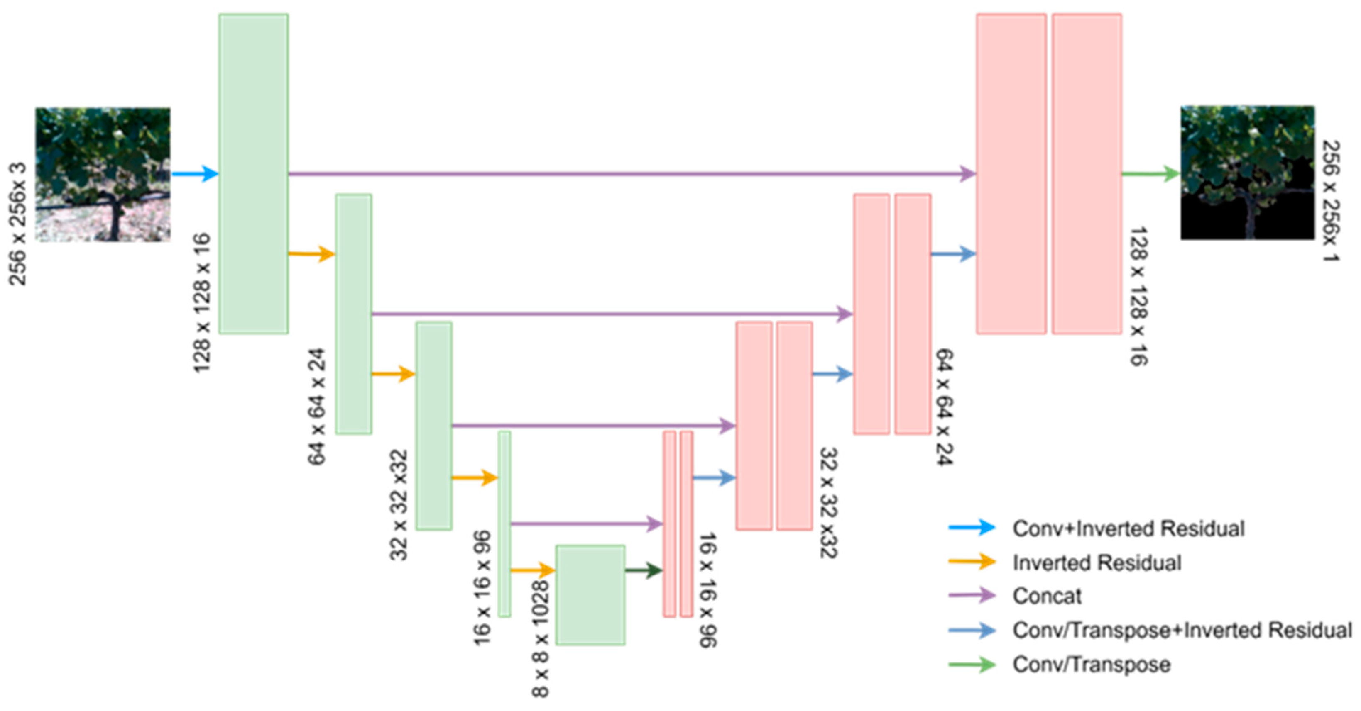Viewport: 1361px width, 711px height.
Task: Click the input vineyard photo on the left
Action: [x=103, y=174]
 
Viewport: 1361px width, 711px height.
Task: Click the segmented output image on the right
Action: [x=1247, y=173]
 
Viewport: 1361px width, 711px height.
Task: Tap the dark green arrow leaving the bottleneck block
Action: [x=644, y=570]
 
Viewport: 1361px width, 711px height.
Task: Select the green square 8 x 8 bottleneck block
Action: [x=590, y=595]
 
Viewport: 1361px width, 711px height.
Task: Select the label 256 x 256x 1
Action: [x=1330, y=201]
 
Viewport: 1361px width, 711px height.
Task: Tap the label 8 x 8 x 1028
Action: [x=540, y=639]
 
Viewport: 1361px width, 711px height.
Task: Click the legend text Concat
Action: [x=1047, y=596]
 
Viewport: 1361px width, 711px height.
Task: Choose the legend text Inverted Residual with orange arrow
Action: [x=1097, y=562]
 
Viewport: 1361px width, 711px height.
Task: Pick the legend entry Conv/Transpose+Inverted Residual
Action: [x=1182, y=630]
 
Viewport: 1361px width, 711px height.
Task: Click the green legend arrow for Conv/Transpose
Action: [x=972, y=664]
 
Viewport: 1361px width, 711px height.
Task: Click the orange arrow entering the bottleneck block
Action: [x=533, y=570]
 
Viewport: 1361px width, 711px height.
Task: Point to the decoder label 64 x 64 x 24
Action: [x=944, y=407]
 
